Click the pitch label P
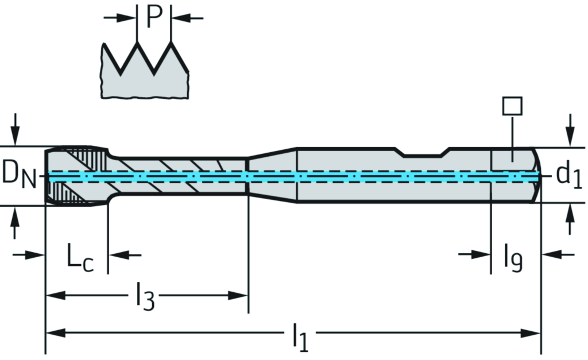click(154, 17)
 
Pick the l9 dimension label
click(513, 258)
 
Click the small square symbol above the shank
click(512, 106)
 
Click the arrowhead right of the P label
click(180, 18)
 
